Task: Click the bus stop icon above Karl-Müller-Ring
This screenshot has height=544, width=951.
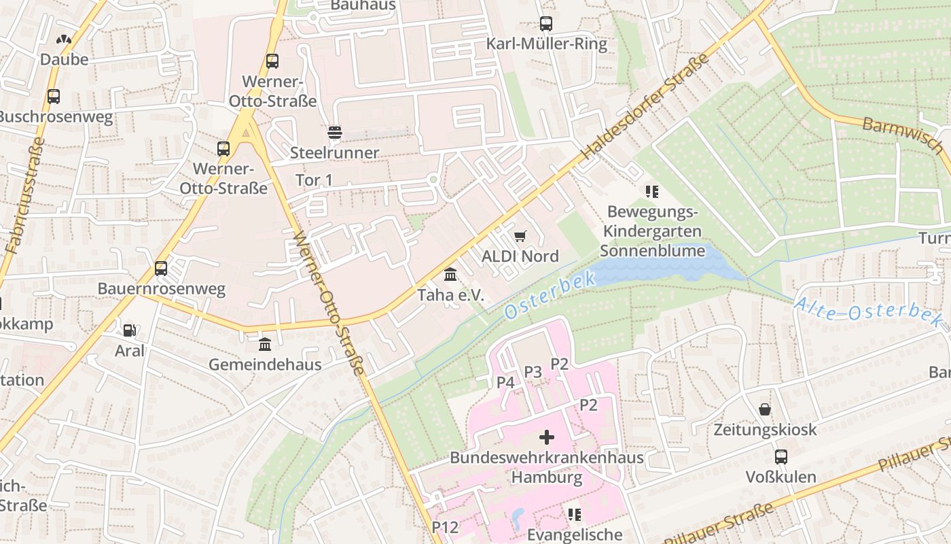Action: (x=545, y=24)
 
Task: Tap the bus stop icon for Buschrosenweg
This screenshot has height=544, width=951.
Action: (x=54, y=97)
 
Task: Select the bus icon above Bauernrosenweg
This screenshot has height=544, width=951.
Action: (x=161, y=268)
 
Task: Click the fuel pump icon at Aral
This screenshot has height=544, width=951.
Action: (x=129, y=330)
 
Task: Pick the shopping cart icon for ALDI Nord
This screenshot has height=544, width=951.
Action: (x=520, y=236)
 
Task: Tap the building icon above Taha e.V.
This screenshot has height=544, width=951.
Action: (x=450, y=275)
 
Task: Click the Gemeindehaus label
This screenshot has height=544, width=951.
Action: (x=265, y=364)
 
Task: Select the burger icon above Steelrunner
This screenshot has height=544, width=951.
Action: (x=334, y=132)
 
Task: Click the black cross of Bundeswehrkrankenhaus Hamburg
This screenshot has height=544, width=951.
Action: (x=547, y=437)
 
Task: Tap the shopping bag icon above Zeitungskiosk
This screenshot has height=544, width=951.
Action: (x=765, y=409)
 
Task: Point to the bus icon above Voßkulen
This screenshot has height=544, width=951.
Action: (x=781, y=456)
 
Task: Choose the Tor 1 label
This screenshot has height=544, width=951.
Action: (x=315, y=180)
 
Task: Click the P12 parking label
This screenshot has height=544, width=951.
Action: (x=445, y=527)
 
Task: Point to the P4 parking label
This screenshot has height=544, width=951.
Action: (x=505, y=382)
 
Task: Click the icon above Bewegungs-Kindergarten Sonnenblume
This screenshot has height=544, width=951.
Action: (x=652, y=192)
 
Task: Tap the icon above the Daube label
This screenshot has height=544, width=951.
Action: (x=64, y=40)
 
